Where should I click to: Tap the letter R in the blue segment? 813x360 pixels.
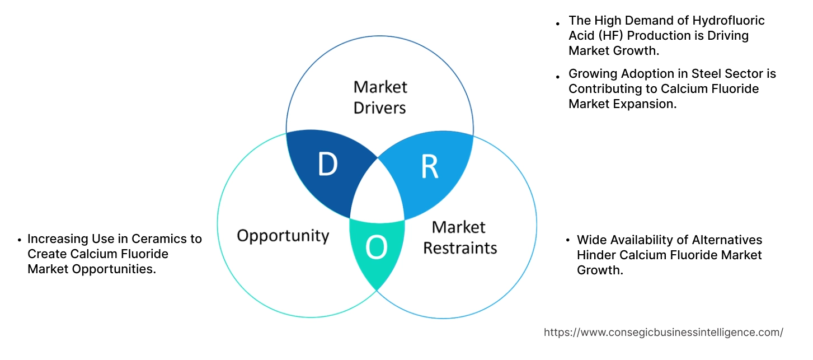coord(429,167)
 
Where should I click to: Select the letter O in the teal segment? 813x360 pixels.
coord(376,249)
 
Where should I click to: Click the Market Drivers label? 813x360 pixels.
coord(380,97)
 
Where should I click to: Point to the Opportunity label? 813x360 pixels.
coord(283,235)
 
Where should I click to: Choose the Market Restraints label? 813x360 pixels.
coord(459,237)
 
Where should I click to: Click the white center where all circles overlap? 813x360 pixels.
coord(378,190)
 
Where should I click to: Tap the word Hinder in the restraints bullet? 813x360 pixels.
coord(595,255)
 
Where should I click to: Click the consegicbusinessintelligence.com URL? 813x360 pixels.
coord(663,333)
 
